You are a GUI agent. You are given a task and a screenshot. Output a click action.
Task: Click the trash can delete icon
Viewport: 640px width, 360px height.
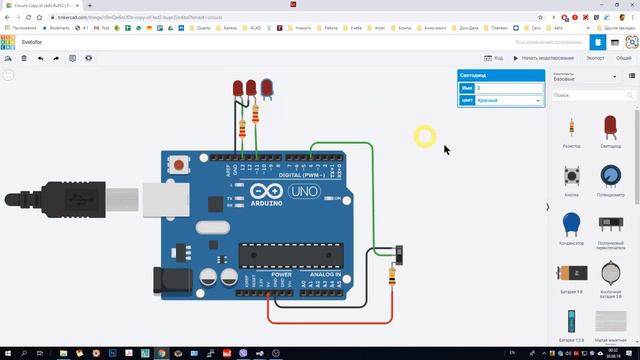[x=24, y=58]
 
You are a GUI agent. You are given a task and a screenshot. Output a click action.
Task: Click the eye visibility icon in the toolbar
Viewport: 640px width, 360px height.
[x=88, y=58]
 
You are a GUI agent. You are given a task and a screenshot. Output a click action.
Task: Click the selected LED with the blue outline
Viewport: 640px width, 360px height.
[x=267, y=90]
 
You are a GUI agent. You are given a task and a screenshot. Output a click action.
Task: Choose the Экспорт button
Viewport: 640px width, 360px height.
[x=595, y=58]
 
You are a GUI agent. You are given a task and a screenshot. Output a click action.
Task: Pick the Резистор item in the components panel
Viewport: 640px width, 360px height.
[x=571, y=129]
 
